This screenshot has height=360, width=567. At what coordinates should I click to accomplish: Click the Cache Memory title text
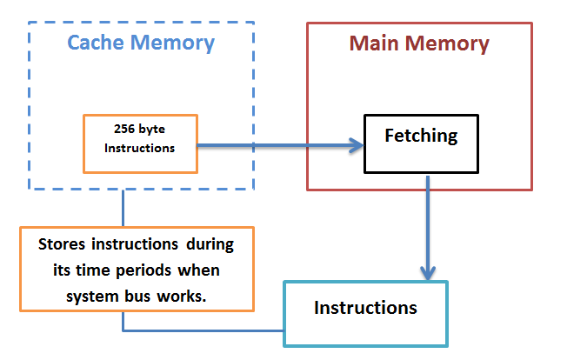pos(141,43)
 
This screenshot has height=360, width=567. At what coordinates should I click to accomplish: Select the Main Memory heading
pos(419,43)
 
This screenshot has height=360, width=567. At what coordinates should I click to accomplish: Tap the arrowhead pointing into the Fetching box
pos(357,145)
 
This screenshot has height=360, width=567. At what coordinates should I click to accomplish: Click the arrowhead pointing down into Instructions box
pos(428,273)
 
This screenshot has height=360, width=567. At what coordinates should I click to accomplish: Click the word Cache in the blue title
pos(97,43)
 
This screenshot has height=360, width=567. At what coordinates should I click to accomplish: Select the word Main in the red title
pos(373,43)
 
